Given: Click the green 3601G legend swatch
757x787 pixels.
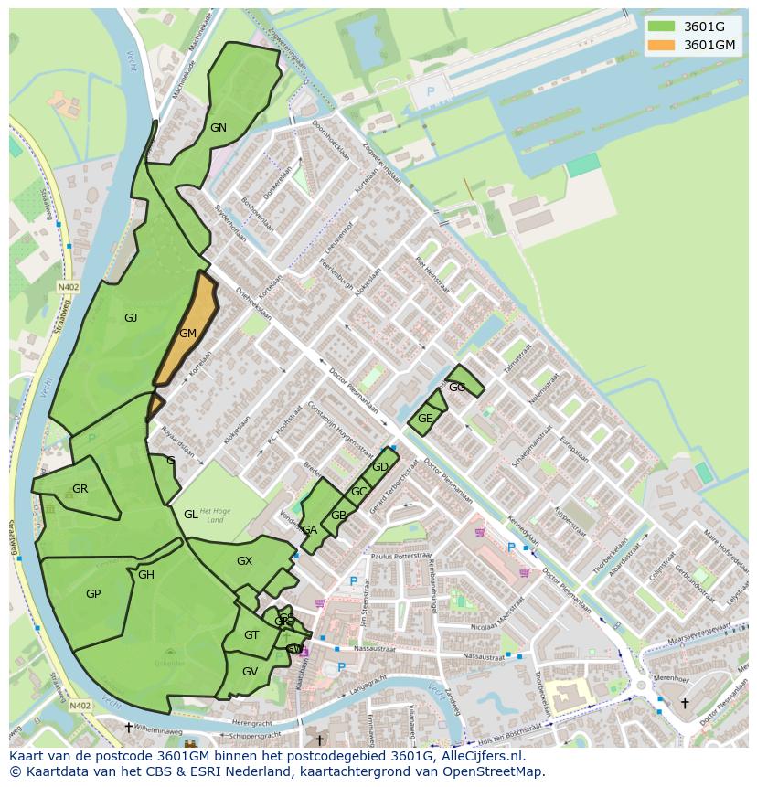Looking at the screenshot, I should coord(662,27).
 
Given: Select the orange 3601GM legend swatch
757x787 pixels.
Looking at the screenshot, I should coord(662,45).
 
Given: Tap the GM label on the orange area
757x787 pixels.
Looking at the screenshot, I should coord(187,334).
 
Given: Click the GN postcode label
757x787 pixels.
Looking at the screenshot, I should coord(218,128).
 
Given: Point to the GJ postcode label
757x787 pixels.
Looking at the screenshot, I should coord(131,318).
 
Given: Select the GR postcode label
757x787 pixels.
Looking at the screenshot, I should coord(80,489).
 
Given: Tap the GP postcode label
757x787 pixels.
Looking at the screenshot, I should coord(92,594).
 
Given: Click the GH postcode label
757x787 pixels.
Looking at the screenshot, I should coord(146,575).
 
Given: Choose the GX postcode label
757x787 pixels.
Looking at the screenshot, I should coord(244,561).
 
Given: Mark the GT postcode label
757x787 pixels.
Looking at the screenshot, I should coord(251,635).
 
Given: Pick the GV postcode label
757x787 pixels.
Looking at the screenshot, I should coord(250,672).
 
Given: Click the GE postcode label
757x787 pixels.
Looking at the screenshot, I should coord(425,419).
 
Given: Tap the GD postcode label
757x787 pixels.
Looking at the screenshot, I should coord(380,467).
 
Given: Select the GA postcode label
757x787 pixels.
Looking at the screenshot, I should coord(310,530).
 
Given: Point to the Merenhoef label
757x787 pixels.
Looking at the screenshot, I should coord(671,679).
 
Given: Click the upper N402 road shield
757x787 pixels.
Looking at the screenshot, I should coord(68,286).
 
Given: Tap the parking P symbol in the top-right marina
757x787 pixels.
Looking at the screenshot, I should coord(432,92).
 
